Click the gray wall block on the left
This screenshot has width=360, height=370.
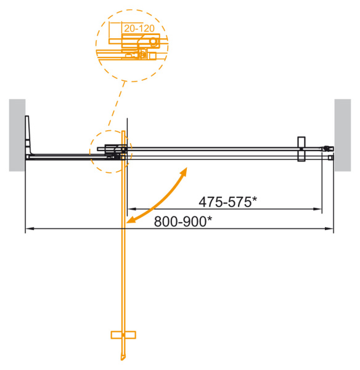point(17,134)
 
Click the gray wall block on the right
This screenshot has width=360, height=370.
point(342,134)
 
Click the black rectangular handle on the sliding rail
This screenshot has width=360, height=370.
point(301,149)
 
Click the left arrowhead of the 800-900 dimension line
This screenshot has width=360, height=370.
point(28,230)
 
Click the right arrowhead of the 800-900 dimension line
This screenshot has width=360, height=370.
point(330,230)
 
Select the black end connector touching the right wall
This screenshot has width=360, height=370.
point(328,148)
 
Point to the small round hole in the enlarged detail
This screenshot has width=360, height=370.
point(153,42)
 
